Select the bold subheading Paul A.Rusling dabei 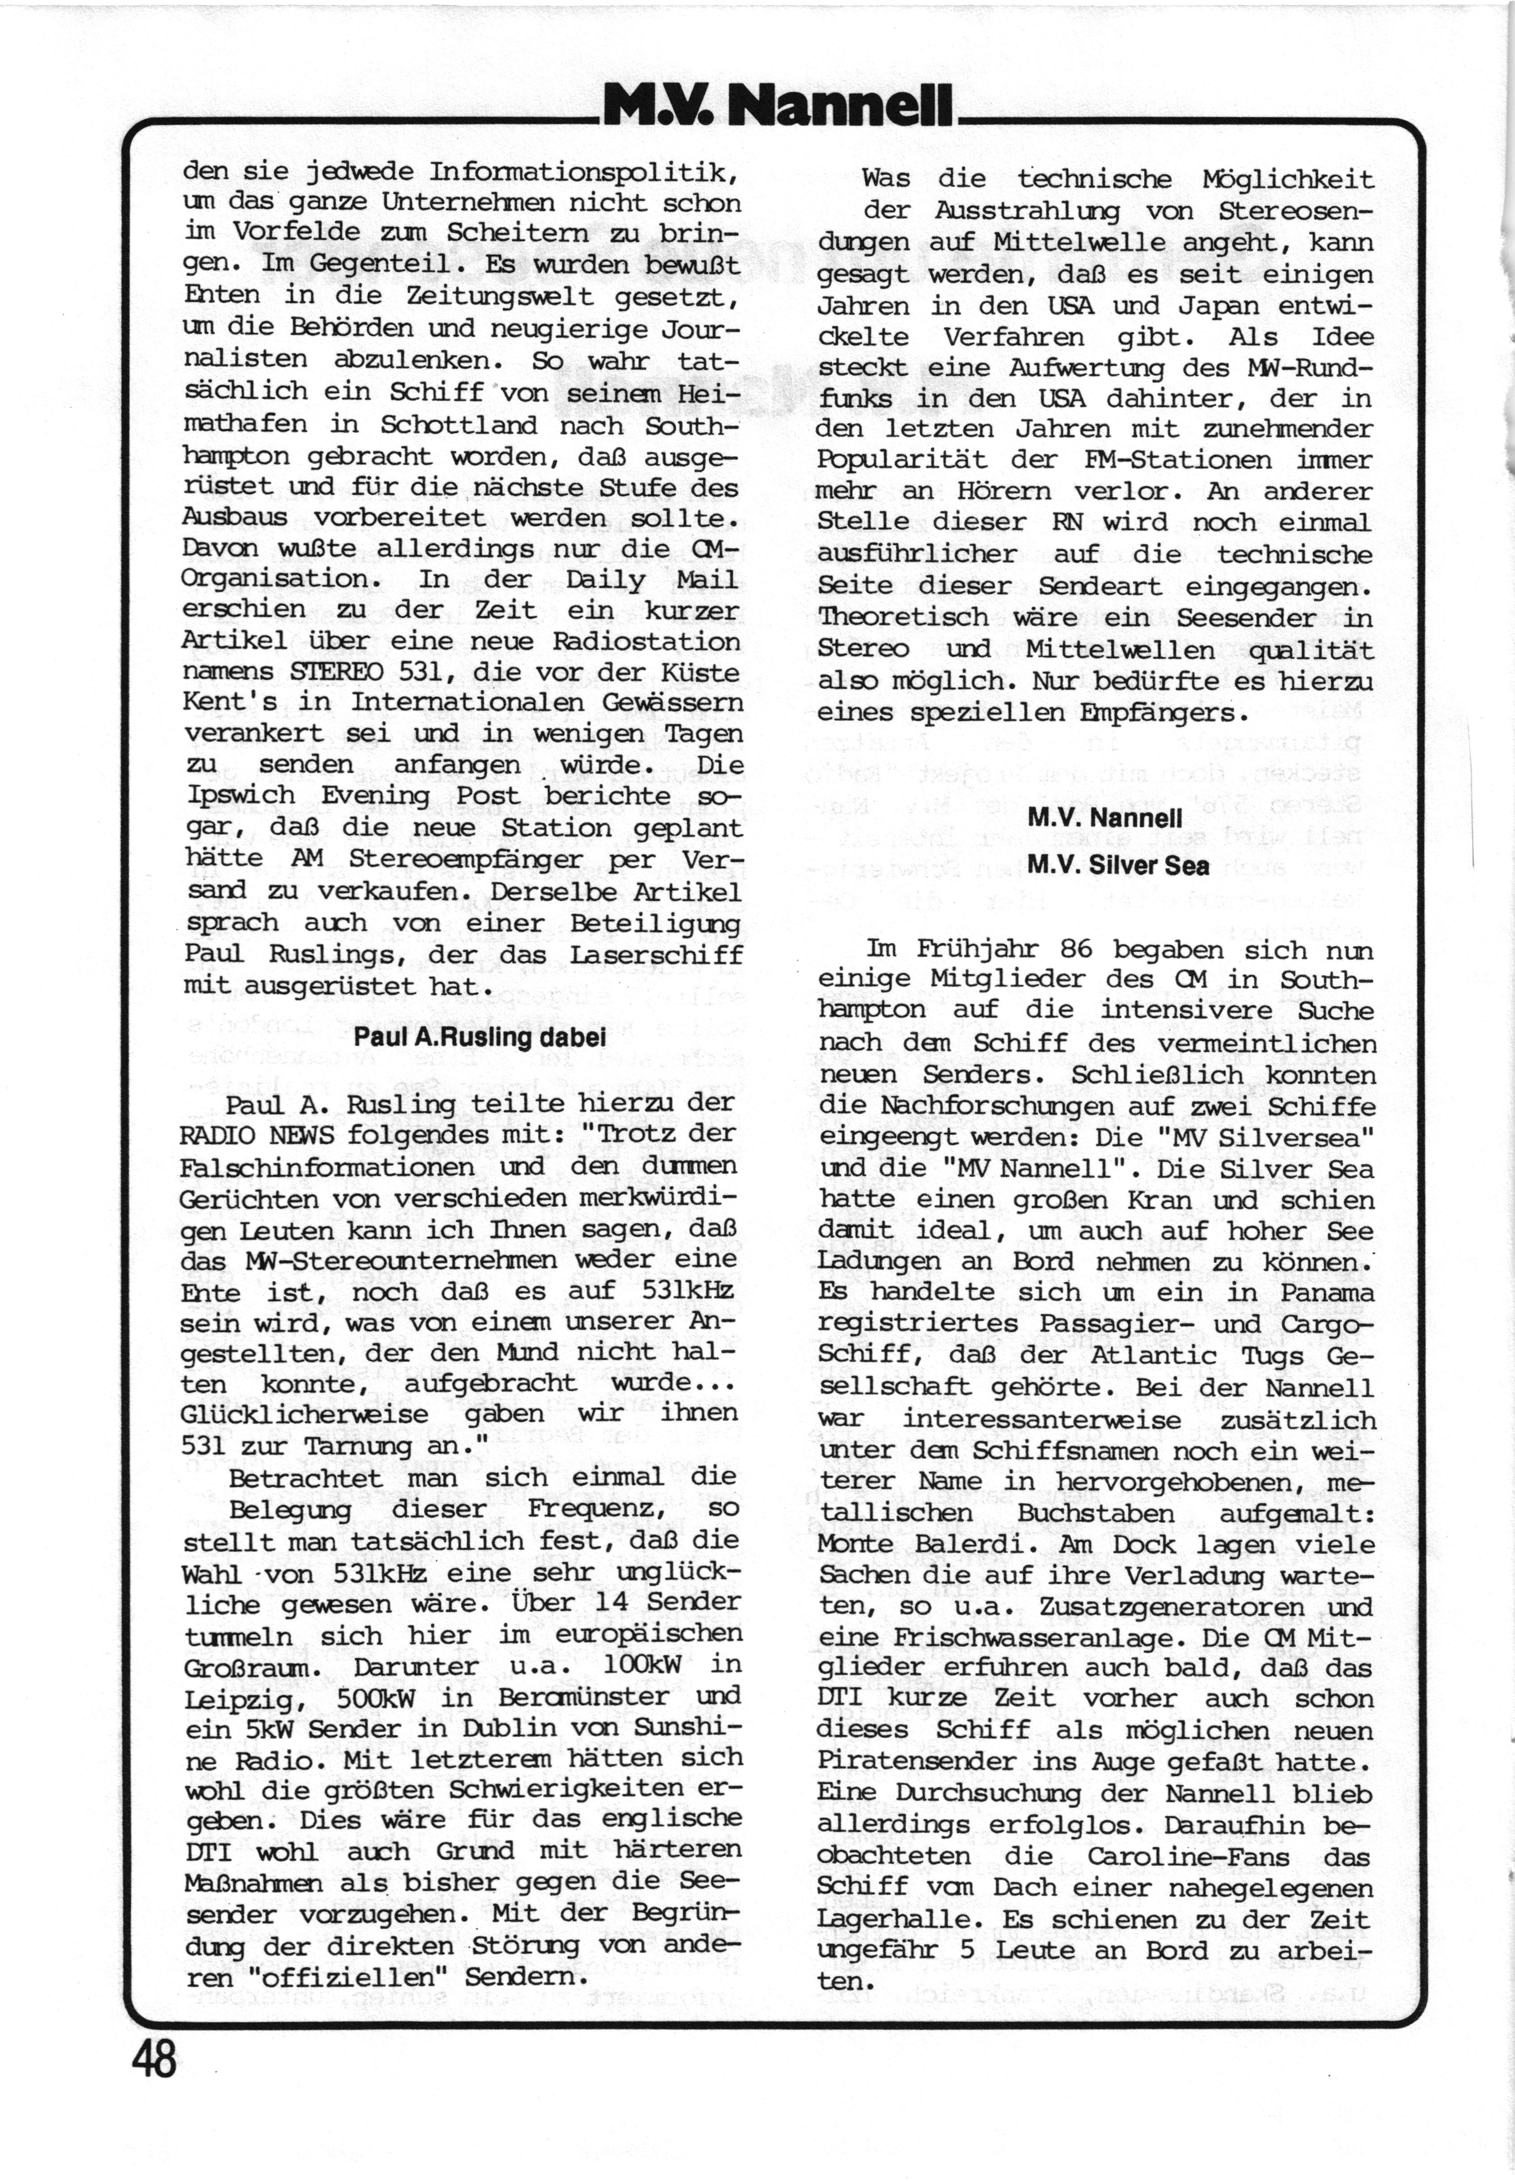pyautogui.click(x=479, y=1036)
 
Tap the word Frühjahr pyautogui.click(x=976, y=949)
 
